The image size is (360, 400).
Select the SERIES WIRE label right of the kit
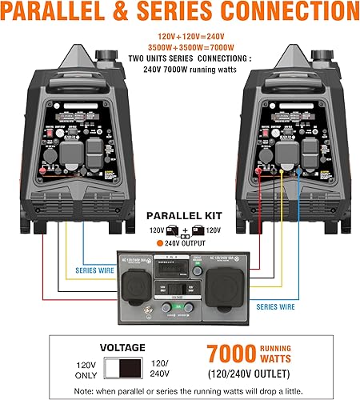[x=278, y=305]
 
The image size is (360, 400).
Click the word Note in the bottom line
[x=82, y=390]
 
